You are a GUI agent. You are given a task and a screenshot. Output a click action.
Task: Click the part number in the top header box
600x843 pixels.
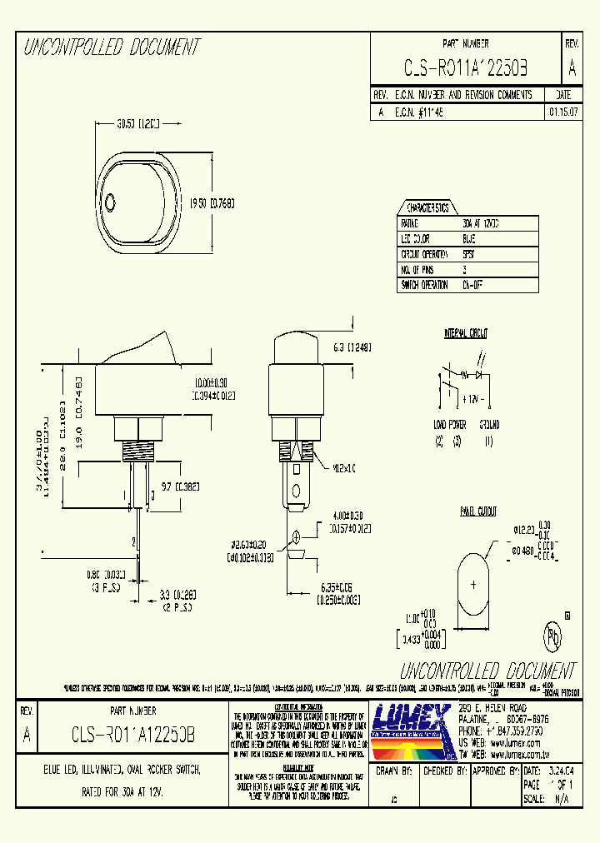(465, 67)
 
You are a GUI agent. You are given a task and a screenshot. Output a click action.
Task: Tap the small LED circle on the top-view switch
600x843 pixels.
(112, 200)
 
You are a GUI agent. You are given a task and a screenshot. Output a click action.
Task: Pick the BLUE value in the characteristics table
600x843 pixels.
(468, 239)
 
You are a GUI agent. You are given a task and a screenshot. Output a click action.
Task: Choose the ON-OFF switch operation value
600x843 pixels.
(472, 284)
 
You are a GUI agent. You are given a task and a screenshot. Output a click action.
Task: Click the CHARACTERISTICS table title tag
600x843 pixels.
(427, 208)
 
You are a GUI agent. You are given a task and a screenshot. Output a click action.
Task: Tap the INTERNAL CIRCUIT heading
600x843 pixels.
(466, 333)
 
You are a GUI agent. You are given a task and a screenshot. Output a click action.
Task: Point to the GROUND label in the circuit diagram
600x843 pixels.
(489, 424)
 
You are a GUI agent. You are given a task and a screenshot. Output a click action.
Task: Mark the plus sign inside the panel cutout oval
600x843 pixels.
(474, 586)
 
